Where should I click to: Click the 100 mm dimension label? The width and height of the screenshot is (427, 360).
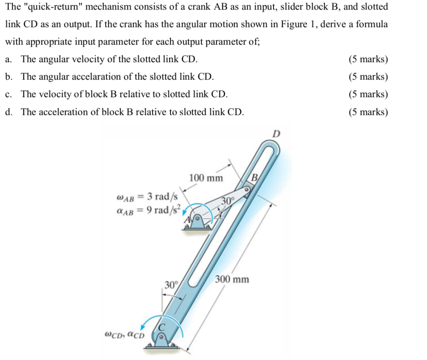coord(206,178)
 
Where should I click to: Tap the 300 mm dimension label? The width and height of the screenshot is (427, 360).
coord(232,279)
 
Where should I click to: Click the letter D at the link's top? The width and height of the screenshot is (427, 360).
coord(276,134)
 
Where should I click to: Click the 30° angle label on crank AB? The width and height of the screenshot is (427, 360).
coord(228,201)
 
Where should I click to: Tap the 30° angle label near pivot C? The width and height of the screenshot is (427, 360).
coord(171,285)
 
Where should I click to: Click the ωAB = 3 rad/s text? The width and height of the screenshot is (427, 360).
coord(148,196)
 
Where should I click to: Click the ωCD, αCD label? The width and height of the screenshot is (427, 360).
coord(124,334)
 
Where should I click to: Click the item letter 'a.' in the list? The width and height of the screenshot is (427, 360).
coord(9,59)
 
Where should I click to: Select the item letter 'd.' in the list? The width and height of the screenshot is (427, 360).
coord(9,112)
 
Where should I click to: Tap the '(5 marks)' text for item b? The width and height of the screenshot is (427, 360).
coord(368,77)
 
